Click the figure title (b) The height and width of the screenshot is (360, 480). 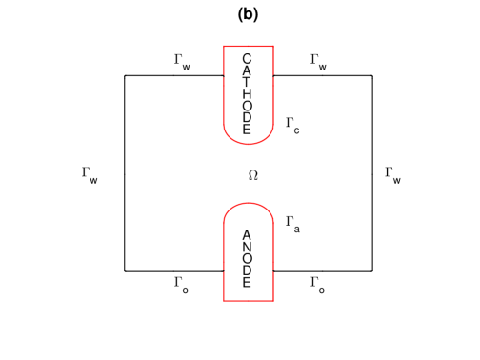pyautogui.click(x=248, y=14)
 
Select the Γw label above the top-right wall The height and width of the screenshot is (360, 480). pyautogui.click(x=319, y=61)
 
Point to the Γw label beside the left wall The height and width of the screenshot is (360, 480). pyautogui.click(x=90, y=174)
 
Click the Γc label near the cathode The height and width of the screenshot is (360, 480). pyautogui.click(x=292, y=125)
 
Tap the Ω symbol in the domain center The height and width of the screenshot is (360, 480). pyautogui.click(x=252, y=175)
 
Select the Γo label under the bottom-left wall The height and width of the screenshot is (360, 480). pyautogui.click(x=181, y=283)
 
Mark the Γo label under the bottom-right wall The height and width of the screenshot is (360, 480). pyautogui.click(x=318, y=283)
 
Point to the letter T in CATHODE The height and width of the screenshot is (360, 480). pyautogui.click(x=248, y=83)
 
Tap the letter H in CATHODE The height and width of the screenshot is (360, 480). pyautogui.click(x=248, y=94)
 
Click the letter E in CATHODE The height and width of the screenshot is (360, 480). pyautogui.click(x=248, y=130)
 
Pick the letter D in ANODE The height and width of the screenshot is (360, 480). pyautogui.click(x=248, y=270)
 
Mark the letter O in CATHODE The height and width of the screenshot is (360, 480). pyautogui.click(x=248, y=106)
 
